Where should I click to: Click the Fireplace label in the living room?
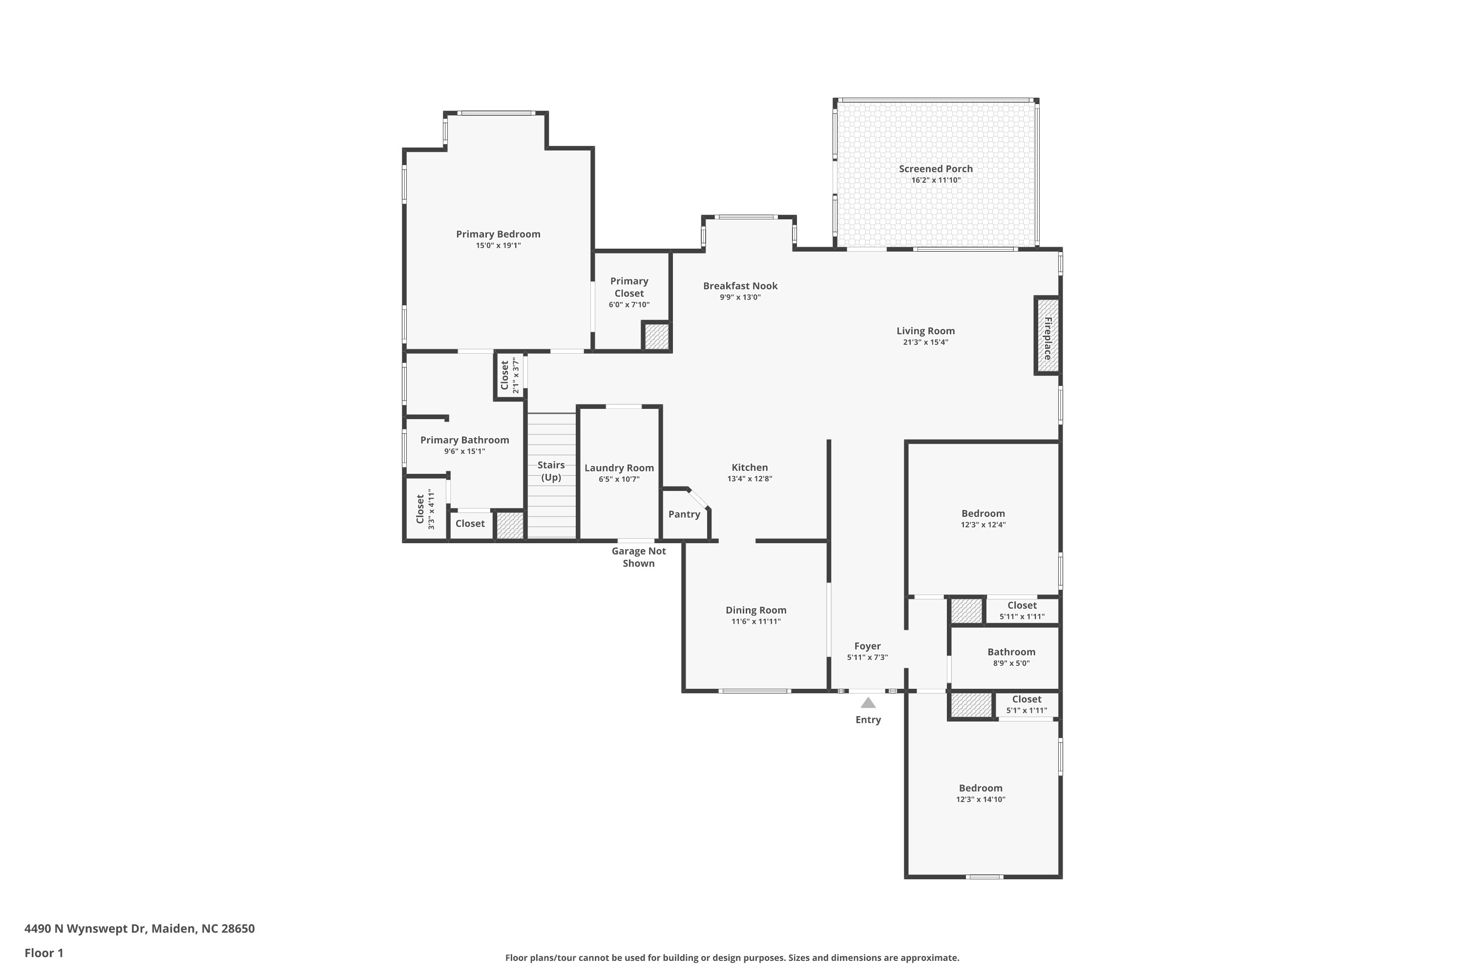[1047, 339]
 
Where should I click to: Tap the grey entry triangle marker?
[868, 703]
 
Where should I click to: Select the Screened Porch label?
[936, 169]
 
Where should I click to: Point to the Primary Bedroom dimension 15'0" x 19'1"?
[498, 246]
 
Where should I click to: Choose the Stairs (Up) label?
[551, 471]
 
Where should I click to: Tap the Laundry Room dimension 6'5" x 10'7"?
[619, 479]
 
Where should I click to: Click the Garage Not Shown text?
[638, 557]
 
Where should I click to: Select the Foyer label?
[868, 646]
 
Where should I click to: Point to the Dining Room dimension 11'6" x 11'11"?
[756, 621]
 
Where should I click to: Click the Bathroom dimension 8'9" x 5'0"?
[1011, 663]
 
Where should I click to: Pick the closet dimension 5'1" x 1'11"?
[1026, 710]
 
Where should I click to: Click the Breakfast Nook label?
[741, 286]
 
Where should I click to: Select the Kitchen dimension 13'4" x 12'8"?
[750, 479]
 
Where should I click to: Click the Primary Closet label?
[629, 287]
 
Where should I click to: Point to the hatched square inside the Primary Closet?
[656, 337]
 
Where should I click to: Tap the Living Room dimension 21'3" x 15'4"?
[925, 342]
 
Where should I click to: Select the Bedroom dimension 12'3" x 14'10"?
[981, 799]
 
